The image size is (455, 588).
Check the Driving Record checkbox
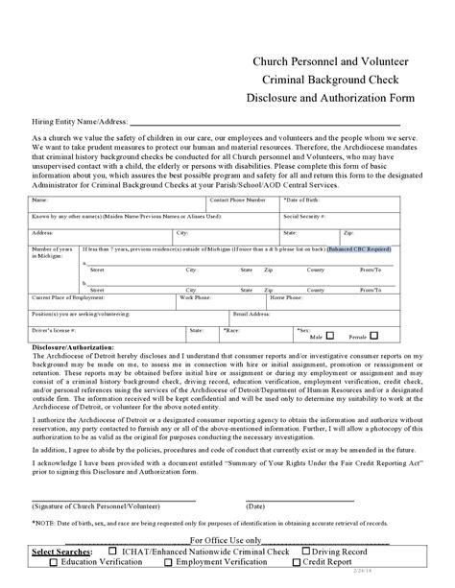[306, 553]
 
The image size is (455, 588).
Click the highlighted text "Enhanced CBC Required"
[359, 248]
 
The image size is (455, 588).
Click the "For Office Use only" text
[225, 541]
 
